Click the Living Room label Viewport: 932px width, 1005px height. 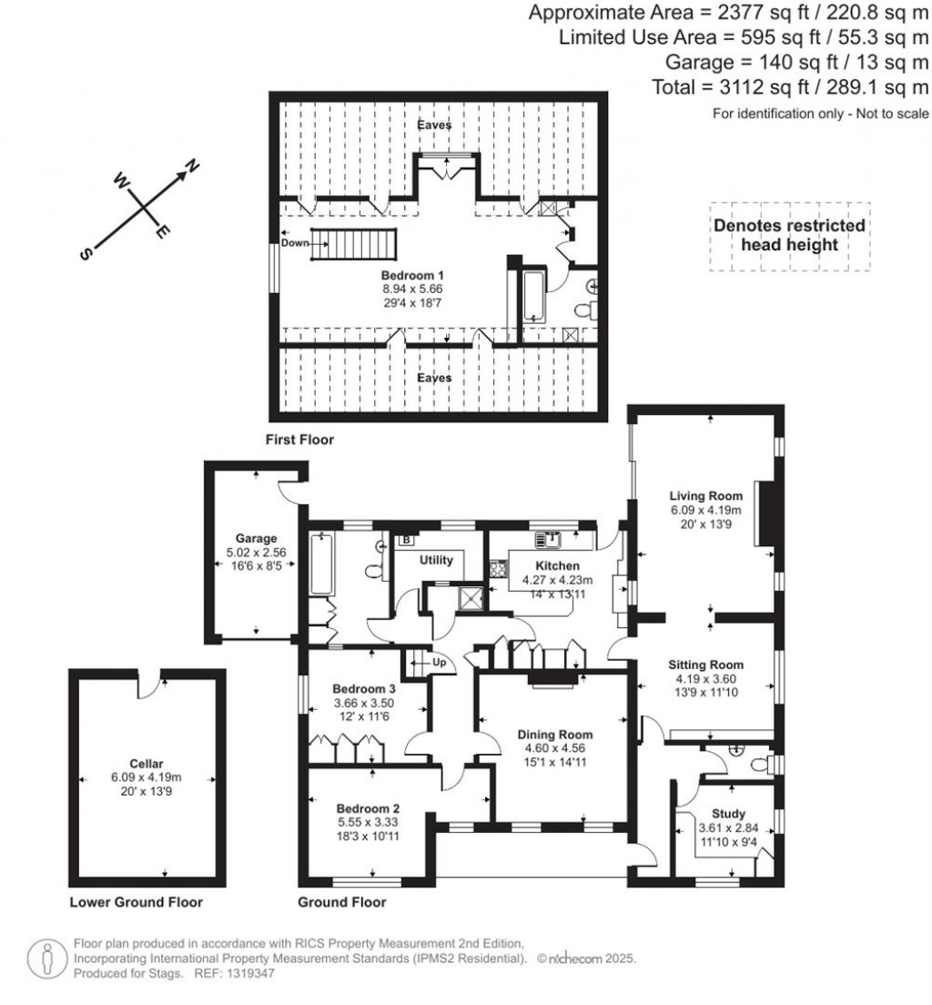[x=705, y=495]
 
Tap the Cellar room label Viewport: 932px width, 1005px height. [x=146, y=764]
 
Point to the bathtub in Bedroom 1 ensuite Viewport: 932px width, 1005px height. [x=532, y=296]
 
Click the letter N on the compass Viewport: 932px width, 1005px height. [x=192, y=166]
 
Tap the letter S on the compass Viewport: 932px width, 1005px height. [x=86, y=256]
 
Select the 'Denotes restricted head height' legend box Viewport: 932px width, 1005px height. [x=789, y=236]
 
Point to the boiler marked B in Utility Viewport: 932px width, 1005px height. [x=406, y=540]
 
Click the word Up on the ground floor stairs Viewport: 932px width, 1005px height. [x=439, y=662]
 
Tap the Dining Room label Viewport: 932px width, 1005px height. [x=555, y=735]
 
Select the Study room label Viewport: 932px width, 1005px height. [x=728, y=814]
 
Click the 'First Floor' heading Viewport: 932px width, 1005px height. [x=299, y=440]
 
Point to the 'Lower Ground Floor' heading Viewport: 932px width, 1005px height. [x=136, y=902]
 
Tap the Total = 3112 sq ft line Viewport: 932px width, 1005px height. [x=790, y=87]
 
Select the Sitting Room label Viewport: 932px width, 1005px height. [x=705, y=665]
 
